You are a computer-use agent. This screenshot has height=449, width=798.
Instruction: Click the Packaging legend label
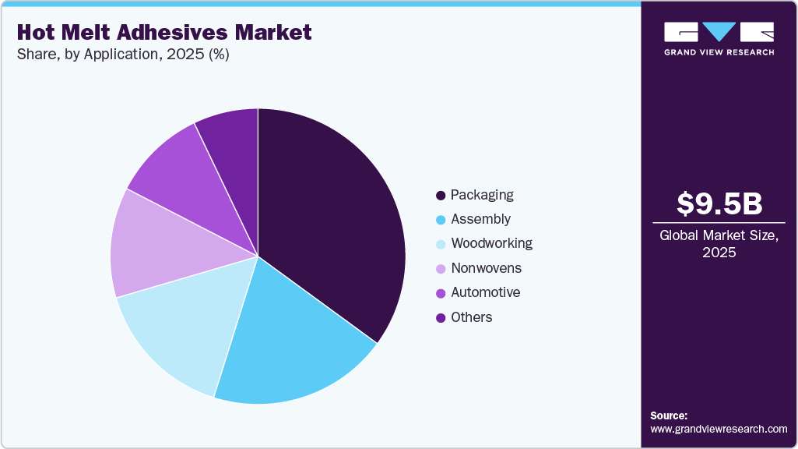click(x=482, y=195)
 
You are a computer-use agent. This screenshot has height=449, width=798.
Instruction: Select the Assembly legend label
click(x=480, y=219)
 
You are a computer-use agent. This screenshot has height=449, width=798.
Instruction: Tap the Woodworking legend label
click(x=491, y=243)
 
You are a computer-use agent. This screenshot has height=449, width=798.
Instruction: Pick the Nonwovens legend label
click(x=486, y=268)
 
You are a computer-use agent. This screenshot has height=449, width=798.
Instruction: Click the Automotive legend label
click(x=485, y=292)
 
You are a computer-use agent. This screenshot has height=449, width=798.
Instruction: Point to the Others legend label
click(x=471, y=317)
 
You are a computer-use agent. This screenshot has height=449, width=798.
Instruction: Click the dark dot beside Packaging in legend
click(x=441, y=195)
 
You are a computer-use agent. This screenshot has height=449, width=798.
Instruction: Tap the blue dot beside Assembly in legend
click(x=441, y=219)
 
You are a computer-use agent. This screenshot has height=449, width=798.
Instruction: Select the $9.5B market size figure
click(x=719, y=203)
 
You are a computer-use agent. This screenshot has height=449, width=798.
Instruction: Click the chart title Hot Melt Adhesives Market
click(x=163, y=33)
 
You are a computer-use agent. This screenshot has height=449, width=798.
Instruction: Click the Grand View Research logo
click(x=719, y=38)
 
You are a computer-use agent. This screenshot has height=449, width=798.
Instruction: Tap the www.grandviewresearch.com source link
click(x=719, y=429)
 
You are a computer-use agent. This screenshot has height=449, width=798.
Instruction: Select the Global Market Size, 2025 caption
click(x=719, y=244)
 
